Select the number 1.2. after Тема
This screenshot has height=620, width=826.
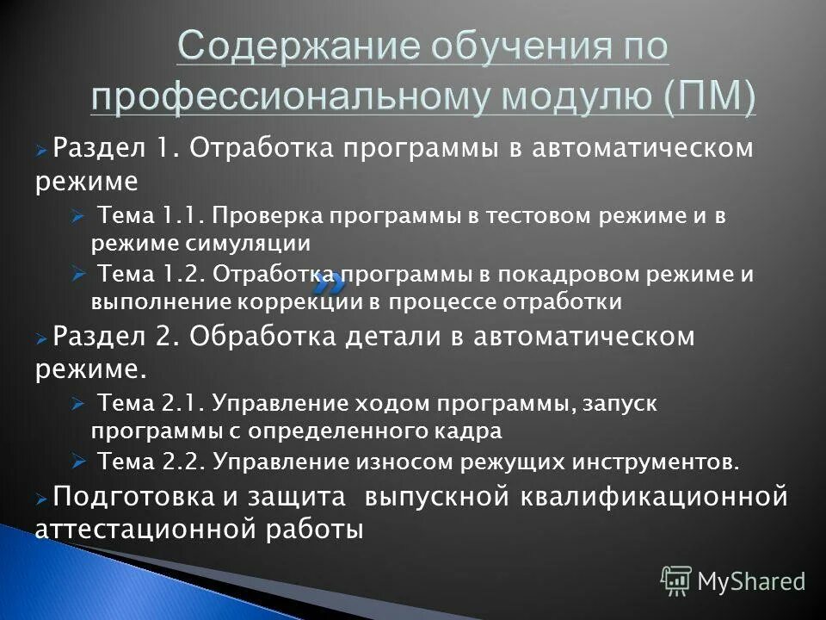tap(182, 275)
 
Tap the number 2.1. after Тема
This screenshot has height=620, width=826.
tap(182, 402)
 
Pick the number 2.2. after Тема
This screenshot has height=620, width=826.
tap(182, 462)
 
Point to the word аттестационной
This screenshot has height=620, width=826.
tap(137, 529)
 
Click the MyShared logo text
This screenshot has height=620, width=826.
tap(751, 581)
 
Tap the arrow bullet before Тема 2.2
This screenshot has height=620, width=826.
tap(77, 461)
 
